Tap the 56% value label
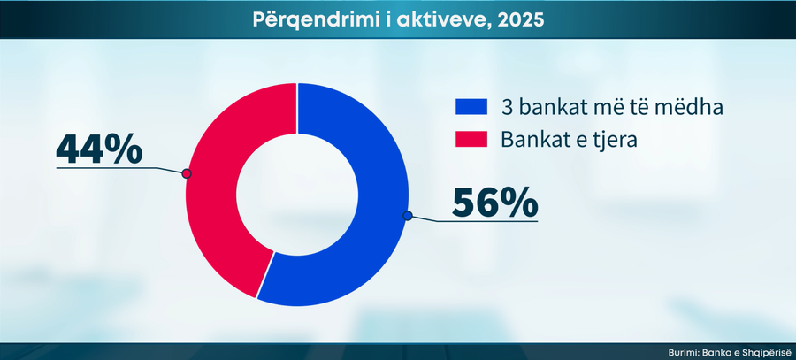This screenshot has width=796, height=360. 494,203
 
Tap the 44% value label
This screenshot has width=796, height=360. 99,148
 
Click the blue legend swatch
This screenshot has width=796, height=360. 471,107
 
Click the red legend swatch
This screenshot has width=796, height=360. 471,139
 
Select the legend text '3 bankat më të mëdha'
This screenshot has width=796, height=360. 587,107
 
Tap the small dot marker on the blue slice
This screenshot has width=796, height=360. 407,215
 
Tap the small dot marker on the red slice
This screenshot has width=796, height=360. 187,173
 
